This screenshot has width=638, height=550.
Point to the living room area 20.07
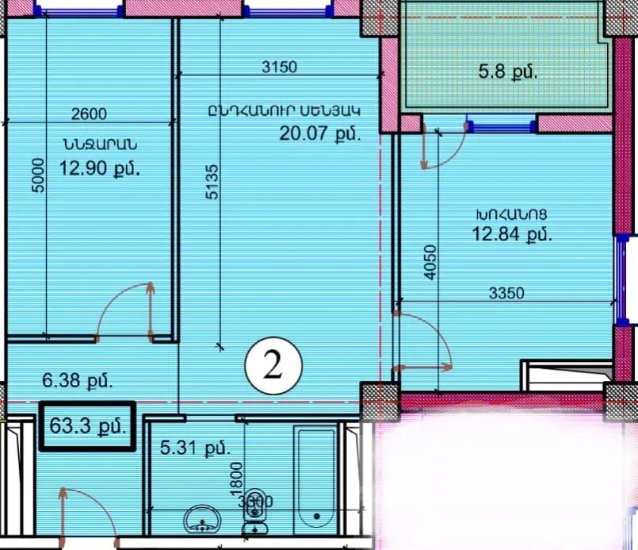tap(319, 133)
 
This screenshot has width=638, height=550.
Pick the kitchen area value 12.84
tap(512, 233)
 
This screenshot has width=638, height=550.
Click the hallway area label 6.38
tap(76, 380)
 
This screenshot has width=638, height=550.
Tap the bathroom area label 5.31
tap(196, 448)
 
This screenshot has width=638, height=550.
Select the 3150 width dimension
tap(279, 67)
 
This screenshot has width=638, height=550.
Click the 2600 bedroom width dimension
tap(89, 114)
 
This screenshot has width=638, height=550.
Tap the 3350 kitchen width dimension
tap(507, 293)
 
